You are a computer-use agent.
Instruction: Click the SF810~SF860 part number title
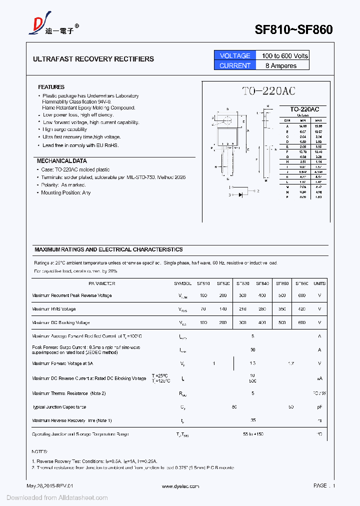293,29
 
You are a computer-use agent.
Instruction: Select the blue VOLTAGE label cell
235,55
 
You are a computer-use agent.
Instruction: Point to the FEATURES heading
51,87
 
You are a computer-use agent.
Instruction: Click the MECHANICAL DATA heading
61,161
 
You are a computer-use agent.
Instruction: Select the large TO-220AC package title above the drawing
268,91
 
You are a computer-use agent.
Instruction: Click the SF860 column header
302,283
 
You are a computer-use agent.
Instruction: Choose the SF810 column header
203,283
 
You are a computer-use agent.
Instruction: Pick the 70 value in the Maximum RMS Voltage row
203,309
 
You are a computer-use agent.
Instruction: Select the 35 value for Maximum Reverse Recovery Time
253,420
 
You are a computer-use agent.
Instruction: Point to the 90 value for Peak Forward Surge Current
253,350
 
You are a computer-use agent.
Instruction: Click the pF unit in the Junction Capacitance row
319,407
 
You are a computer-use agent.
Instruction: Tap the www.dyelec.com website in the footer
180,486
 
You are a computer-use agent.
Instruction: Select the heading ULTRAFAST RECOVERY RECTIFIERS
93,59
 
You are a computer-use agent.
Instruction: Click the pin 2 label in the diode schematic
258,191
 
